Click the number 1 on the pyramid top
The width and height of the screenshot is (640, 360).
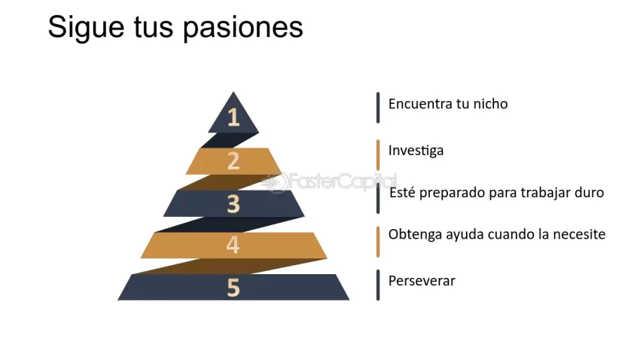tap(233, 117)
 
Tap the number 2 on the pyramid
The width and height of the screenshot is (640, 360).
tap(233, 161)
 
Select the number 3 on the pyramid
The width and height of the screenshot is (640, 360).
tap(233, 203)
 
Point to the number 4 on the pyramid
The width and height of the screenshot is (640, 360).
tap(233, 245)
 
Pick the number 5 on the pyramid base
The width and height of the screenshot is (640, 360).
tap(233, 288)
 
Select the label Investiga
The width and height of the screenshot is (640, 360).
tap(416, 151)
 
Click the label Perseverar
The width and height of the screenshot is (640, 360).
tap(422, 281)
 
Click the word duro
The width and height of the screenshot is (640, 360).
tap(587, 193)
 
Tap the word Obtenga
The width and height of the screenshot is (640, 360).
tap(413, 235)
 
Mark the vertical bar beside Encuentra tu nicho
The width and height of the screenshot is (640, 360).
tap(378, 107)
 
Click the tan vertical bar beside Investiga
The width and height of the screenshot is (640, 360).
tap(378, 154)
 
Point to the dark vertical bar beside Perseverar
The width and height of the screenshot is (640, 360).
tap(378, 285)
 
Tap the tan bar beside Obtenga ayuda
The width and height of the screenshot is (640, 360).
tap(378, 241)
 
